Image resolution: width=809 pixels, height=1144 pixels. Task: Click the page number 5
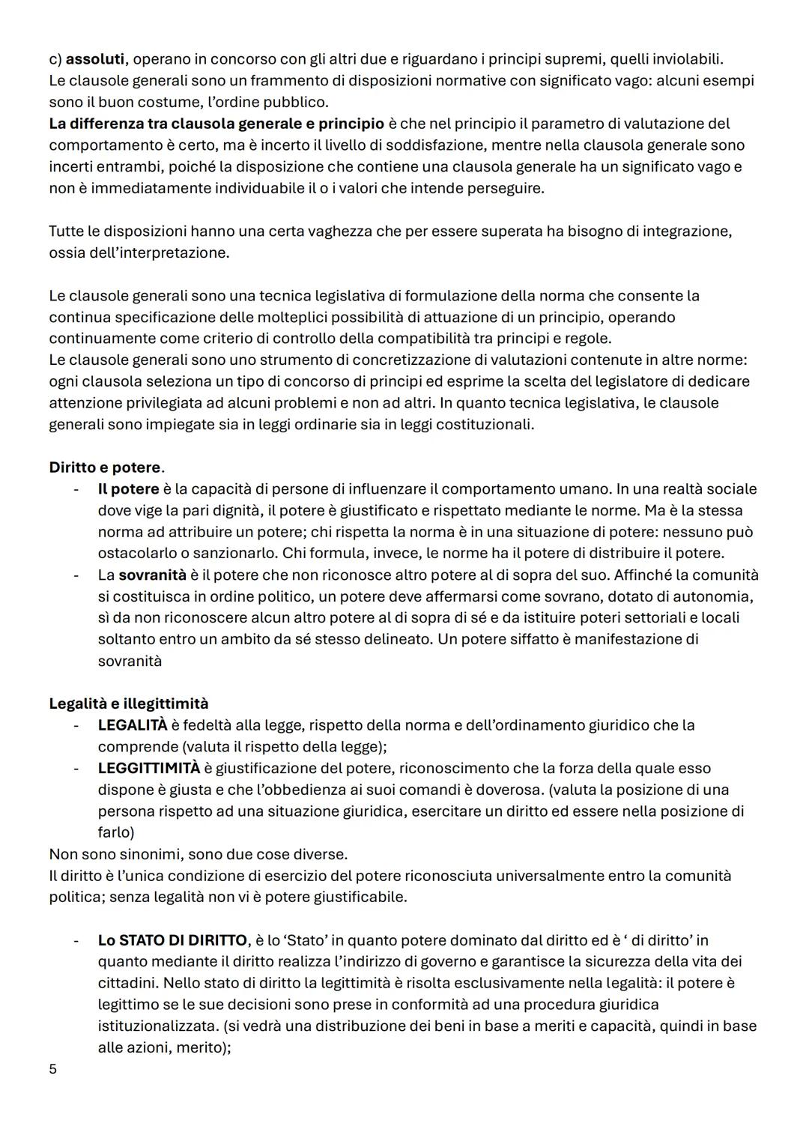click(52, 1069)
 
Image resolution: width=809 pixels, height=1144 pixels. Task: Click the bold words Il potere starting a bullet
click(128, 489)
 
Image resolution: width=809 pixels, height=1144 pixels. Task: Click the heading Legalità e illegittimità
click(128, 703)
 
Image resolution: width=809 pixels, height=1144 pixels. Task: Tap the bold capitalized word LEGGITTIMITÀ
click(148, 769)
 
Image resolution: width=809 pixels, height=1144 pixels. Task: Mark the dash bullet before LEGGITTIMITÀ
click(76, 769)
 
